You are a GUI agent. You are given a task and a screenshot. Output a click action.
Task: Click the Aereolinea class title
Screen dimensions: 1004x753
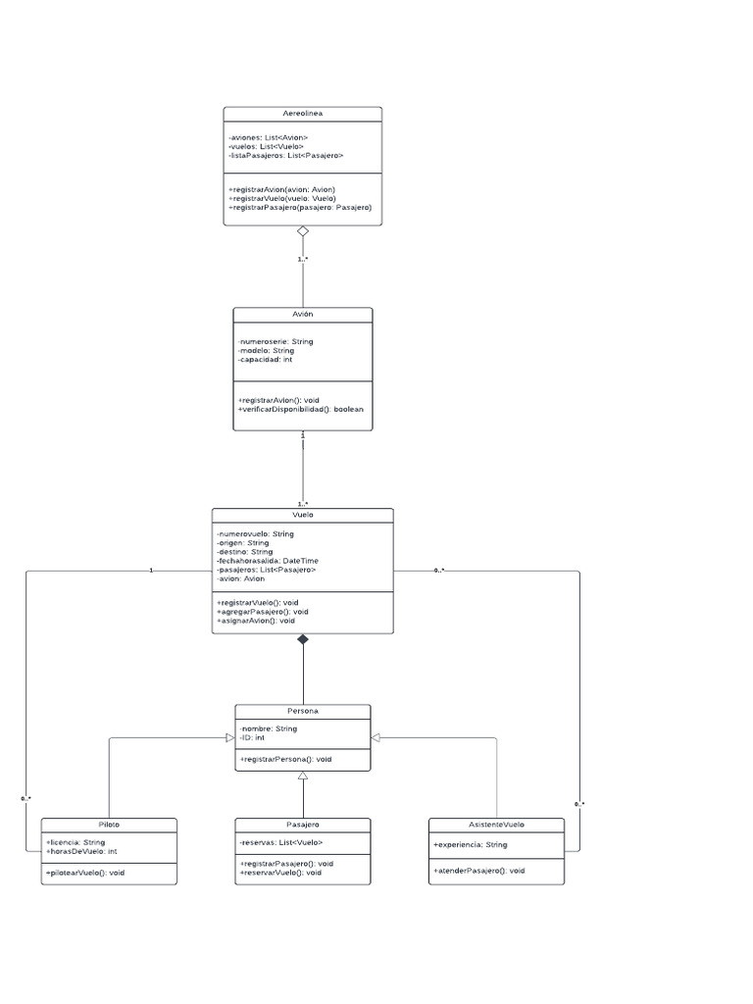(x=302, y=114)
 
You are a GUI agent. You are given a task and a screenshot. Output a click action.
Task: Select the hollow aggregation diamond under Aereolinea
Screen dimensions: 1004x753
(x=303, y=231)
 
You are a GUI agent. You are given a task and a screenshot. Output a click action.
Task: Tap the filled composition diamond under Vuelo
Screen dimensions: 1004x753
(x=303, y=639)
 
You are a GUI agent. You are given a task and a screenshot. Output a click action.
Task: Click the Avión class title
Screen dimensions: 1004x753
(x=302, y=314)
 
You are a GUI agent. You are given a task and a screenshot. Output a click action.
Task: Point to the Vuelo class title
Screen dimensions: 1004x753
(x=302, y=515)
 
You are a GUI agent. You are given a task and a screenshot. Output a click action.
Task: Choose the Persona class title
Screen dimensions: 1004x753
(x=302, y=711)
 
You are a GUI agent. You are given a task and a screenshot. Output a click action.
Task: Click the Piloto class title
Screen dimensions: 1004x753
(x=109, y=825)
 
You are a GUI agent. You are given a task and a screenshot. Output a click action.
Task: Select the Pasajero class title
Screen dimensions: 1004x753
(x=302, y=825)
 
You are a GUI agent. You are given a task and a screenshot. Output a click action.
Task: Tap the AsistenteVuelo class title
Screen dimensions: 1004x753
(x=497, y=825)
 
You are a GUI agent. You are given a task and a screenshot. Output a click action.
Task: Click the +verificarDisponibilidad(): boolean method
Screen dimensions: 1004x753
(x=300, y=409)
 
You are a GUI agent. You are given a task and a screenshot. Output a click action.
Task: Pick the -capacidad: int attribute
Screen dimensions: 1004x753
(x=265, y=360)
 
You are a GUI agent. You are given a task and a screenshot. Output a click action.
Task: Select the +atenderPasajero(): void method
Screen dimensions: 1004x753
(x=478, y=870)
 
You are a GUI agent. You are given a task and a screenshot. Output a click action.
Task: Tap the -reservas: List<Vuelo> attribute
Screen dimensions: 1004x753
(x=280, y=842)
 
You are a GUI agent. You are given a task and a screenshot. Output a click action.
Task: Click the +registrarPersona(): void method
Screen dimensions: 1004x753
(x=285, y=759)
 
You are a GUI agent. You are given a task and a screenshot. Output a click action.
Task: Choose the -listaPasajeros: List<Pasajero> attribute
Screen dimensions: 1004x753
(x=285, y=156)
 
